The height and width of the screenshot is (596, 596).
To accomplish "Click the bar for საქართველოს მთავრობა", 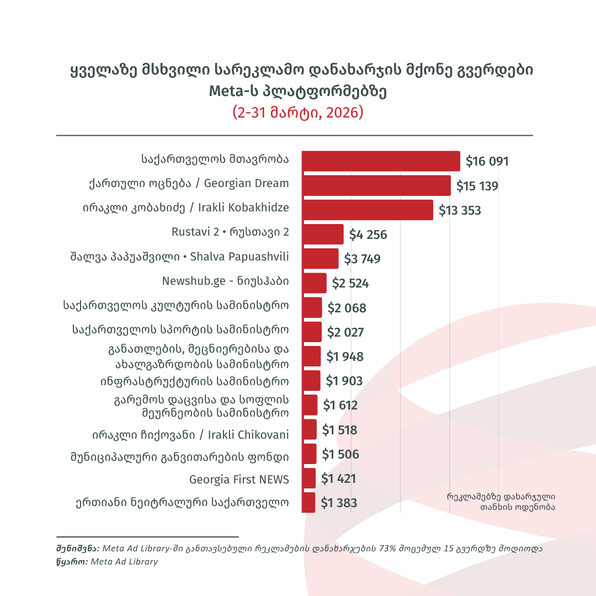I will point(381,161).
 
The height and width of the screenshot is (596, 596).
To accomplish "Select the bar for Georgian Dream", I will point(376,185).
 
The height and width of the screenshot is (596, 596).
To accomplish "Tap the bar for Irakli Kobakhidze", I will point(367,210).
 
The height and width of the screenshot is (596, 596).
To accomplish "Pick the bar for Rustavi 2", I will point(323,234).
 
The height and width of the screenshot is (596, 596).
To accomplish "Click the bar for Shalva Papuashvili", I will point(320,258).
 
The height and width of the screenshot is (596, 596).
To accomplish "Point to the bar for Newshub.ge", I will point(314,283).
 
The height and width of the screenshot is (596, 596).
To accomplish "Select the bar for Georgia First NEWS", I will point(309,478).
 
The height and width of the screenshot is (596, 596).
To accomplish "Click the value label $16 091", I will point(487,162).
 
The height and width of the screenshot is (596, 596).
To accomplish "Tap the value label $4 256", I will point(368,235).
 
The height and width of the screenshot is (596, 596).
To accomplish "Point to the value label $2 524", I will point(350,284).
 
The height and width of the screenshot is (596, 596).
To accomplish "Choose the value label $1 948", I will point(345,356).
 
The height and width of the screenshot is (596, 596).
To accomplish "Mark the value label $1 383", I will point(339,503).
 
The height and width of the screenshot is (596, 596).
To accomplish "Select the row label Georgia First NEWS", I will point(239,479).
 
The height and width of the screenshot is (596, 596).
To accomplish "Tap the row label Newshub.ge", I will point(225,281).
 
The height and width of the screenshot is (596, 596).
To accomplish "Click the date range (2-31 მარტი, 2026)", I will point(298,112).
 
